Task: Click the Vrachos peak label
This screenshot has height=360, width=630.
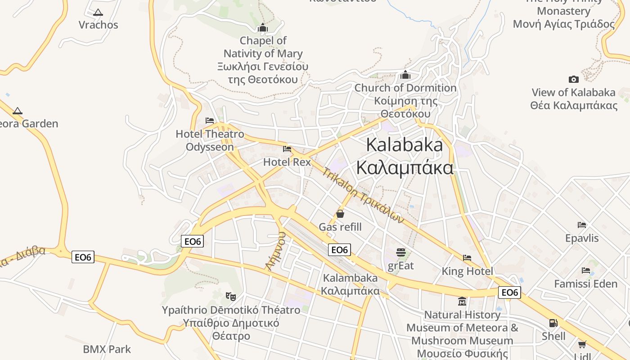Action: (x=98, y=25)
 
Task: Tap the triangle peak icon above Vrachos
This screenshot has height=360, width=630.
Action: (x=98, y=12)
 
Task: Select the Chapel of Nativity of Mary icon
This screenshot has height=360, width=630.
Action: (x=263, y=28)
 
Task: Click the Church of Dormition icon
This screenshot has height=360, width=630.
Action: (x=405, y=75)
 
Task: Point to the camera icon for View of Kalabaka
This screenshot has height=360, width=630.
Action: (x=573, y=80)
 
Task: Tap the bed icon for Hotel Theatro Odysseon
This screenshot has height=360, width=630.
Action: (x=210, y=121)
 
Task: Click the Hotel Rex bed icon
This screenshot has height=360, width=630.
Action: (x=287, y=149)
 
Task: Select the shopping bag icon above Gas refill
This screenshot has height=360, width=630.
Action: (x=340, y=214)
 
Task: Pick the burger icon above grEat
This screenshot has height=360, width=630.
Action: (x=401, y=252)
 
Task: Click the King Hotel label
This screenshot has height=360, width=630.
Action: (x=467, y=271)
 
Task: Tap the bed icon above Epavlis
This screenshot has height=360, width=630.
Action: (x=582, y=225)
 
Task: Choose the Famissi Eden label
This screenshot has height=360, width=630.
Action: (x=585, y=284)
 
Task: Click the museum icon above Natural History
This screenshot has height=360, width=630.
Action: (x=462, y=301)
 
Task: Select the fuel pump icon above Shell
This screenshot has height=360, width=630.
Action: (x=553, y=323)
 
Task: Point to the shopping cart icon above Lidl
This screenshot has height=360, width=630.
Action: (x=582, y=345)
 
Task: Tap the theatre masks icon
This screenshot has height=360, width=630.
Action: (x=231, y=296)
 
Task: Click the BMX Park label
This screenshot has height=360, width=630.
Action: (x=107, y=349)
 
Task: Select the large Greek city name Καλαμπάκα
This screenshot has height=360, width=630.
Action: (x=405, y=167)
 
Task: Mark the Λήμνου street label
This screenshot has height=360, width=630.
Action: (x=276, y=251)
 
